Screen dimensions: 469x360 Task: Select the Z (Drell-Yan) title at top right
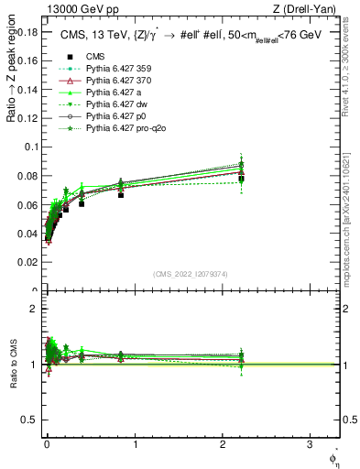(306, 10)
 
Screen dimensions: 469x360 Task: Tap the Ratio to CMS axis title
(11, 364)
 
